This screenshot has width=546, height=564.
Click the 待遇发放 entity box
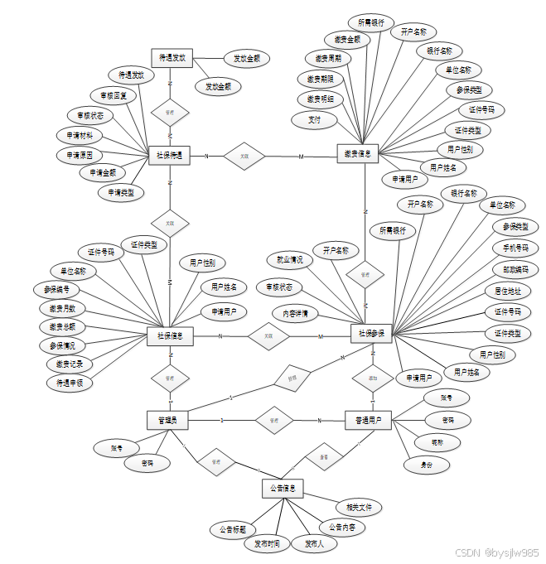(172, 58)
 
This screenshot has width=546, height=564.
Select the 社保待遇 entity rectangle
(170, 156)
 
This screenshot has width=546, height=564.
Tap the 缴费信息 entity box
(359, 152)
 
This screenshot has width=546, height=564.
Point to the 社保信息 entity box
(170, 335)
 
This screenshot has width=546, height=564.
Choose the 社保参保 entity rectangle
(370, 334)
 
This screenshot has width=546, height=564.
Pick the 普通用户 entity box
(367, 421)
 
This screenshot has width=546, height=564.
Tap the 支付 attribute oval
(313, 119)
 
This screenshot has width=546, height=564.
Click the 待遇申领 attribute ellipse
(70, 383)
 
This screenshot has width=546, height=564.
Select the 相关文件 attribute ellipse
(358, 506)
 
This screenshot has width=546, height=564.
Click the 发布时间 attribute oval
(267, 543)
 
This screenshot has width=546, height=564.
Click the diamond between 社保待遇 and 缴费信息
(244, 156)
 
